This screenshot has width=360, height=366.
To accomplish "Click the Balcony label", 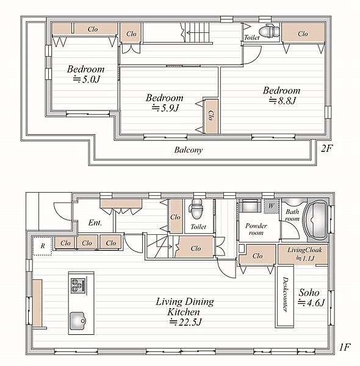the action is [188, 150].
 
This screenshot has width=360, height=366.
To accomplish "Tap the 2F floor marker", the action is [326, 148].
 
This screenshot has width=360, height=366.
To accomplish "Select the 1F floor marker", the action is [345, 348].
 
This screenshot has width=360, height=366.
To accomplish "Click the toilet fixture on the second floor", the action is [269, 31].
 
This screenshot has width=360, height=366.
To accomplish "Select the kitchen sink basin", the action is [77, 321].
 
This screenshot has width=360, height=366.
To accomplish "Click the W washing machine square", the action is [271, 206].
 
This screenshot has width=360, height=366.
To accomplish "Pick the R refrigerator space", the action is [42, 246].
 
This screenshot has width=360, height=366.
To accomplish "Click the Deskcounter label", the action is [285, 294].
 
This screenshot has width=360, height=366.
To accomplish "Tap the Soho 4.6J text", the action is [311, 298].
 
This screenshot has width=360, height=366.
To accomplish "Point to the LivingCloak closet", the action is [303, 254].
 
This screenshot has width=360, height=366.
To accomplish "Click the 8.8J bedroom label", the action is [281, 96].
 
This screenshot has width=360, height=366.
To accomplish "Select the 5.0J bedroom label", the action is [85, 74].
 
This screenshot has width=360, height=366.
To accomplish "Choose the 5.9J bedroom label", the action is [164, 102].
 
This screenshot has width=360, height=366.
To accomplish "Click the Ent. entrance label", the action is [95, 223].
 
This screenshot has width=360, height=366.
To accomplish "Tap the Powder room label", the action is [256, 229].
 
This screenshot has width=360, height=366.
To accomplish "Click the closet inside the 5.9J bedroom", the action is [212, 117].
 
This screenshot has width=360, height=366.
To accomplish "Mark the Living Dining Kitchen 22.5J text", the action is [185, 312].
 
